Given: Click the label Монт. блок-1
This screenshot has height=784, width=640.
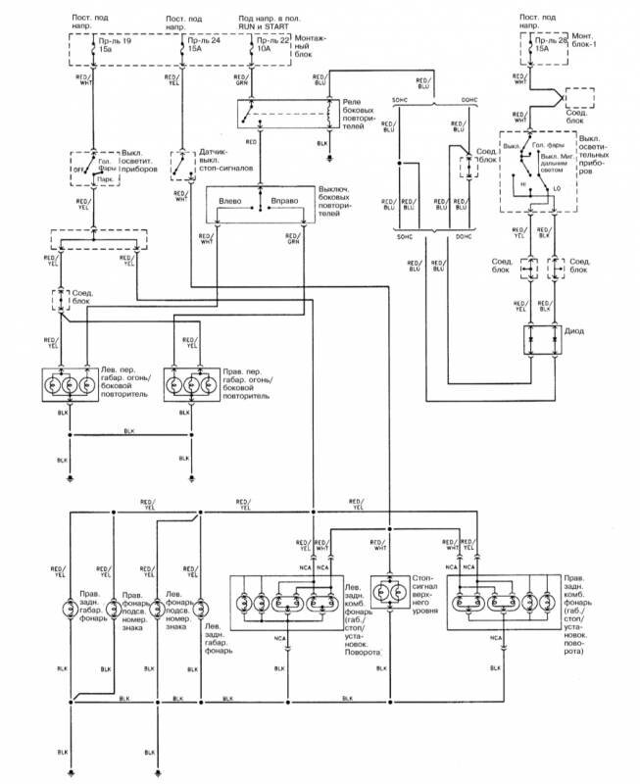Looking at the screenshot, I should pyautogui.click(x=587, y=42).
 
